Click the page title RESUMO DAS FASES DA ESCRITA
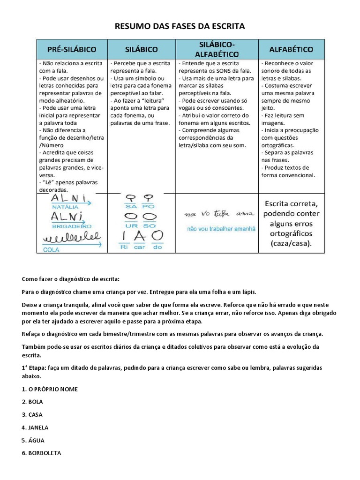click(180, 26)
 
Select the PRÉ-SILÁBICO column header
click(72, 49)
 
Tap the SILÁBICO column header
click(141, 49)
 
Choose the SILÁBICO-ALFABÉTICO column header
click(217, 49)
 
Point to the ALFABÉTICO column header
click(291, 49)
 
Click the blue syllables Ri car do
click(141, 247)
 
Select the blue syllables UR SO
click(141, 225)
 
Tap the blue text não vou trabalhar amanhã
click(221, 229)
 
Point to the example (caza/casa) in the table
click(291, 244)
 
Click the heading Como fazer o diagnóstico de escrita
click(71, 279)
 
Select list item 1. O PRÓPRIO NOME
click(50, 389)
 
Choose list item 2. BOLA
click(32, 402)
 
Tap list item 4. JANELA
click(35, 427)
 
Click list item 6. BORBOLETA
click(41, 453)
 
